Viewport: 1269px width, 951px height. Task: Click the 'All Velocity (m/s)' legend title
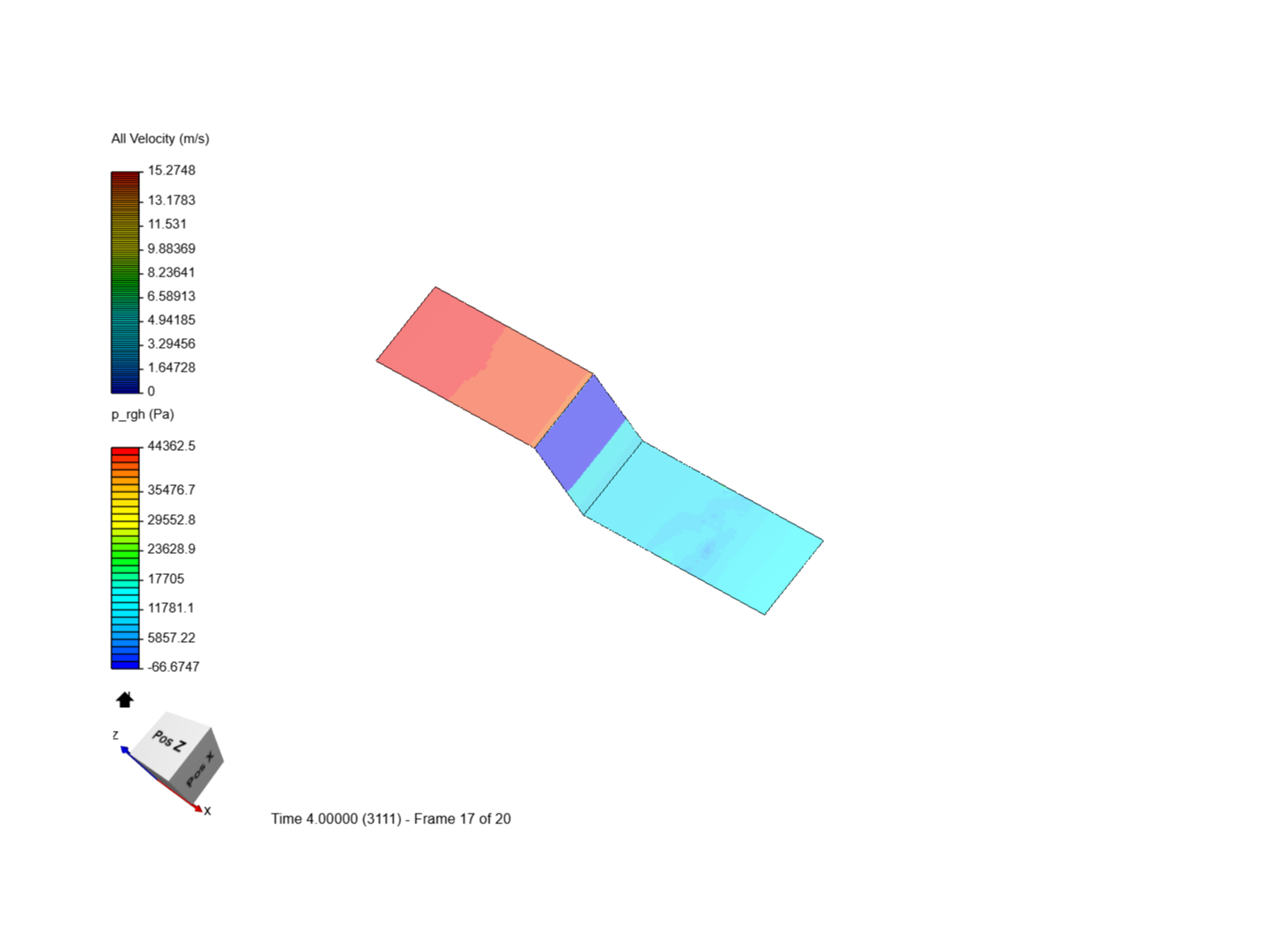click(160, 138)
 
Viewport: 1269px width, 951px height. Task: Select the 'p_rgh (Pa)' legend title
click(142, 414)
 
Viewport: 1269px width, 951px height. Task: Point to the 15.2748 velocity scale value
click(171, 170)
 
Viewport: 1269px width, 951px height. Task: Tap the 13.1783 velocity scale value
click(171, 200)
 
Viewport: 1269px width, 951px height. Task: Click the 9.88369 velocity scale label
click(171, 248)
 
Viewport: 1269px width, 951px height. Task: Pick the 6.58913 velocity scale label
click(171, 296)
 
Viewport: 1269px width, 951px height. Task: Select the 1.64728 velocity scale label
click(171, 367)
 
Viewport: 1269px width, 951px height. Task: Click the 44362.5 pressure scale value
click(171, 446)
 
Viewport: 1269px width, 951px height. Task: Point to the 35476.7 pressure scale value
click(171, 490)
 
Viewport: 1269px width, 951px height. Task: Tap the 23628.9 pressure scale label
click(171, 549)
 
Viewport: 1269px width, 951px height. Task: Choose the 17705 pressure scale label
click(166, 579)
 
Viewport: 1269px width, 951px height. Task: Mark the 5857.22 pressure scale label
click(171, 638)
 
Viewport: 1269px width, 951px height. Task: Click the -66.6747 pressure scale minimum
click(173, 667)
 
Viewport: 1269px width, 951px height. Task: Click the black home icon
click(124, 700)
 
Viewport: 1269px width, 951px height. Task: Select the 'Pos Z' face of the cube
click(171, 741)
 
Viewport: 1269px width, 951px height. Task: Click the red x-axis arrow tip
click(199, 808)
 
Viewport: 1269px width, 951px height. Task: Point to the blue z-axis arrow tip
click(124, 749)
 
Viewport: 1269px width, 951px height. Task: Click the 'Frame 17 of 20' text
click(462, 819)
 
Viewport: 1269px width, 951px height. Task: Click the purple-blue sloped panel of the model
click(582, 431)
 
